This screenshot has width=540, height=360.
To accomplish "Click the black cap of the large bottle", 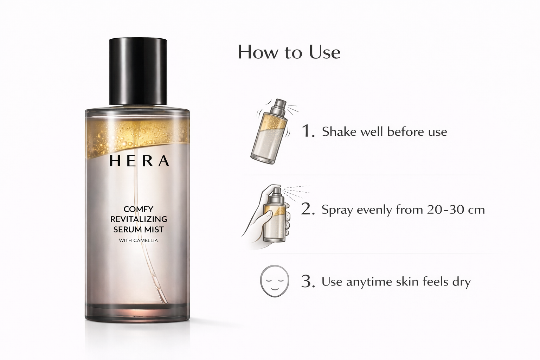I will pos(138,71).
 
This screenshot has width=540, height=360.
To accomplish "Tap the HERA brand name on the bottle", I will pos(139,161).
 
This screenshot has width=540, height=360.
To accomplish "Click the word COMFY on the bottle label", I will pos(138,209).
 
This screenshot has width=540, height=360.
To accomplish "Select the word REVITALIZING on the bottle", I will pos(139,219).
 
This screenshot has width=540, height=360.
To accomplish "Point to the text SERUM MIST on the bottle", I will pos(139,230).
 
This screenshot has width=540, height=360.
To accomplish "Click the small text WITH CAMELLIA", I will pos(138,241).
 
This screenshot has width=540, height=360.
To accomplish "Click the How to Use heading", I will pos(289,52).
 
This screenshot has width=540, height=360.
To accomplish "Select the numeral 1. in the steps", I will pos(308,131).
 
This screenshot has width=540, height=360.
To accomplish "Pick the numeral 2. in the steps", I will pos(308,210).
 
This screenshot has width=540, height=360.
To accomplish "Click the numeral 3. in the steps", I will pos(308,282).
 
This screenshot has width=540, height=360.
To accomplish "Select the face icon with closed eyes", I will pos(274,281).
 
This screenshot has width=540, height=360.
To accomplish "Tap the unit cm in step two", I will pos(476,210).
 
